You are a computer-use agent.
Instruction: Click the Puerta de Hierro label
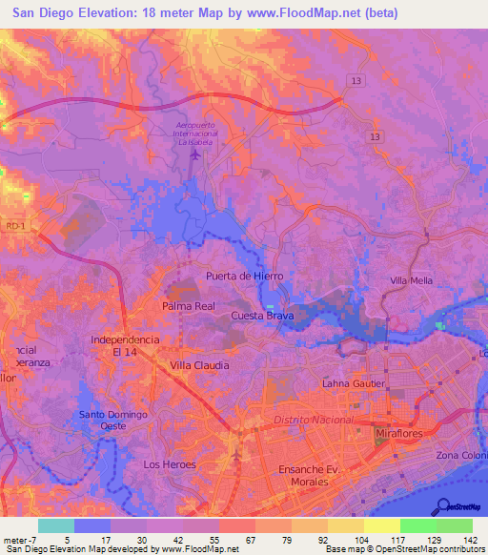[245, 276]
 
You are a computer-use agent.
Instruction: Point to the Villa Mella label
[412, 280]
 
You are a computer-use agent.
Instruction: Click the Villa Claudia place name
[199, 365]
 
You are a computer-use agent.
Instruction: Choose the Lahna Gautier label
[353, 383]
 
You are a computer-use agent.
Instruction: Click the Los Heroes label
[169, 464]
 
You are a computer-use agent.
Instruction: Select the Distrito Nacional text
[313, 420]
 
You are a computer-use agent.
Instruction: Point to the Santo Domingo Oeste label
[112, 421]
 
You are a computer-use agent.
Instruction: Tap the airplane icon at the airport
[197, 153]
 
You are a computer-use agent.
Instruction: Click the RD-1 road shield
[13, 225]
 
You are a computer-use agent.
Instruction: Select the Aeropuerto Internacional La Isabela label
[197, 134]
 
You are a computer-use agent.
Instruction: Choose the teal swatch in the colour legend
[56, 525]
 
